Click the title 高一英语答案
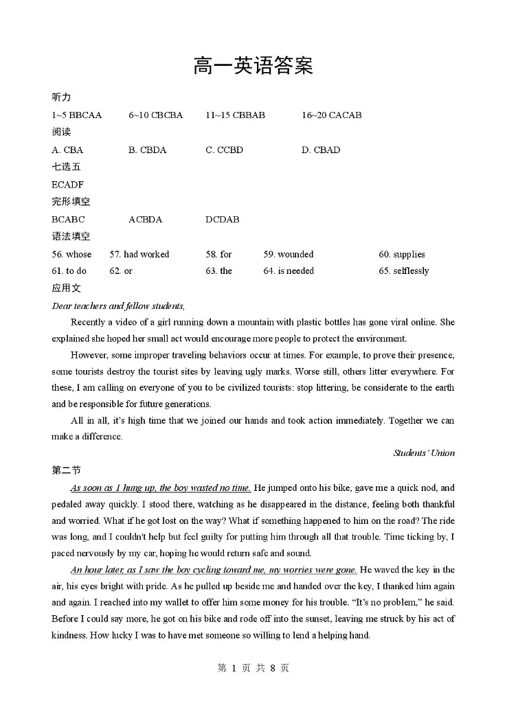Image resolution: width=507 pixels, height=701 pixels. point(253,66)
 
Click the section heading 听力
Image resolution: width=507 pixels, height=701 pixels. point(61,97)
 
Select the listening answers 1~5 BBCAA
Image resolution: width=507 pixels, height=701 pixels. point(76,115)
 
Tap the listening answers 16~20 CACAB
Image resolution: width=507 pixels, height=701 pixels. point(331,115)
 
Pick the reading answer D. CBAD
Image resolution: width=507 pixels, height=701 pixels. point(320,150)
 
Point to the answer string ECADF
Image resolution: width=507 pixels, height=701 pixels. point(67,185)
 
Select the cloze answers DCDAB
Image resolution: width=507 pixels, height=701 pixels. point(222,220)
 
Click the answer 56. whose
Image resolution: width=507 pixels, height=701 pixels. point(71,254)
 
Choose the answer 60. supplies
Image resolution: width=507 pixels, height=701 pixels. point(401,254)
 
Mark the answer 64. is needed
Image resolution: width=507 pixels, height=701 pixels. point(289,271)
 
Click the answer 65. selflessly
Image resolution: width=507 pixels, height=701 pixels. point(403,271)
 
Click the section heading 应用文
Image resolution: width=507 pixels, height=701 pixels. point(66,288)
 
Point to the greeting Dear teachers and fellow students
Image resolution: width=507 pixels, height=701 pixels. point(118,306)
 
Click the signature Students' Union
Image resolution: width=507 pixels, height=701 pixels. point(424,453)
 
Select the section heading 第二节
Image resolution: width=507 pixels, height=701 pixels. point(66,470)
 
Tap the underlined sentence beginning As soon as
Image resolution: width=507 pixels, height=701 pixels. point(160,488)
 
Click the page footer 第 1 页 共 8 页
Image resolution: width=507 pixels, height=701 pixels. point(253,668)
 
